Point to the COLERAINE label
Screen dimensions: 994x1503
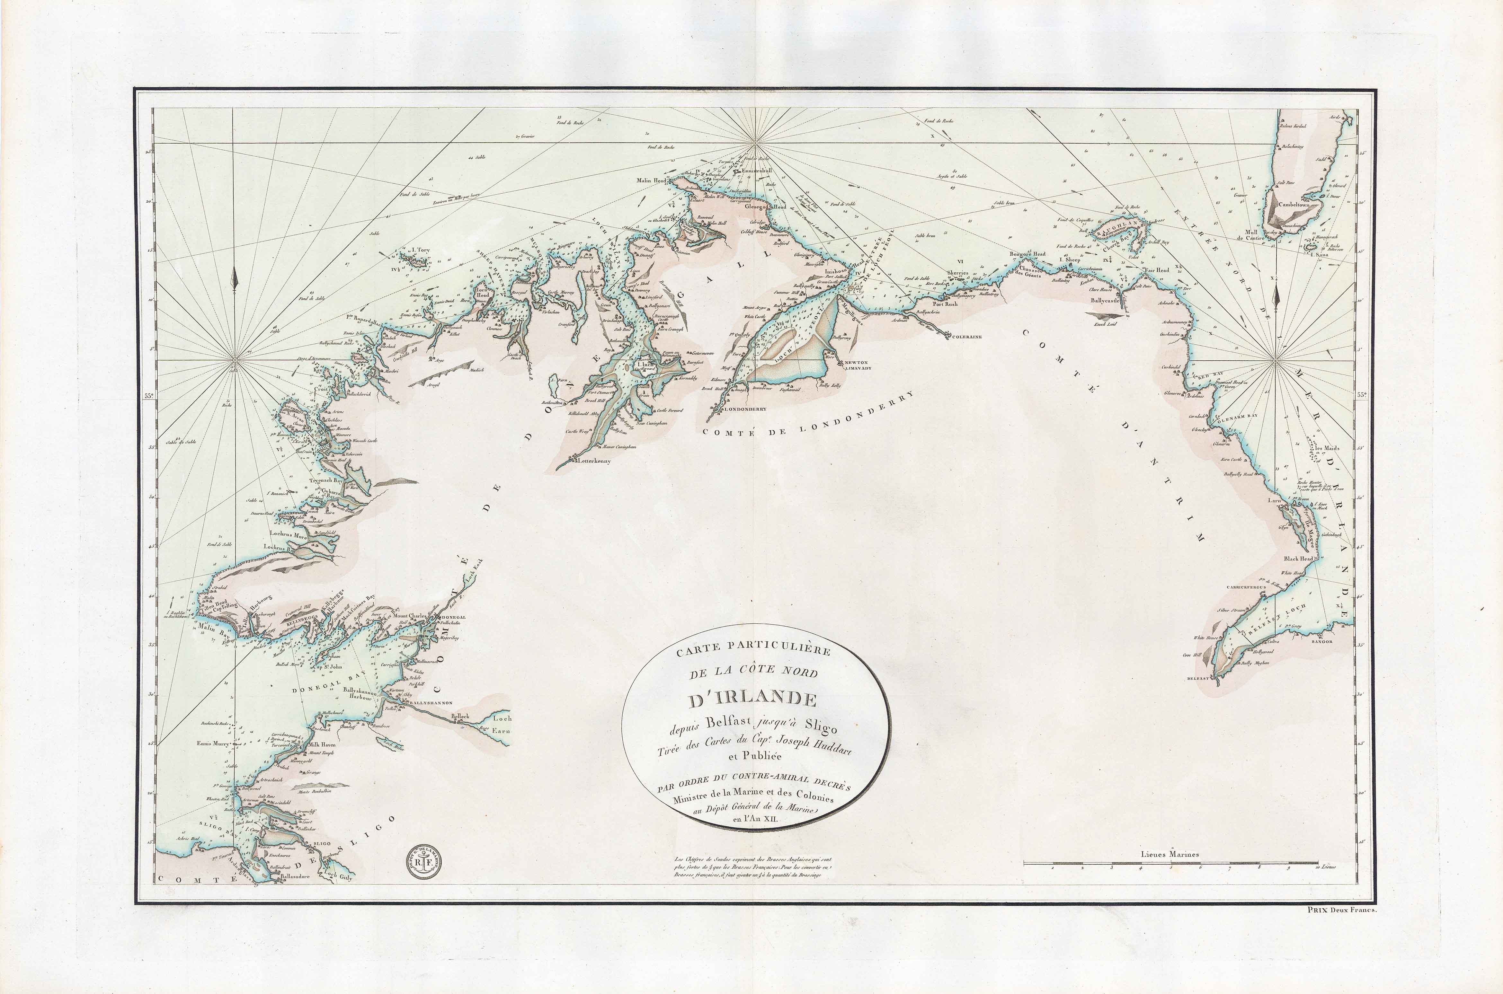[x=965, y=337]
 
